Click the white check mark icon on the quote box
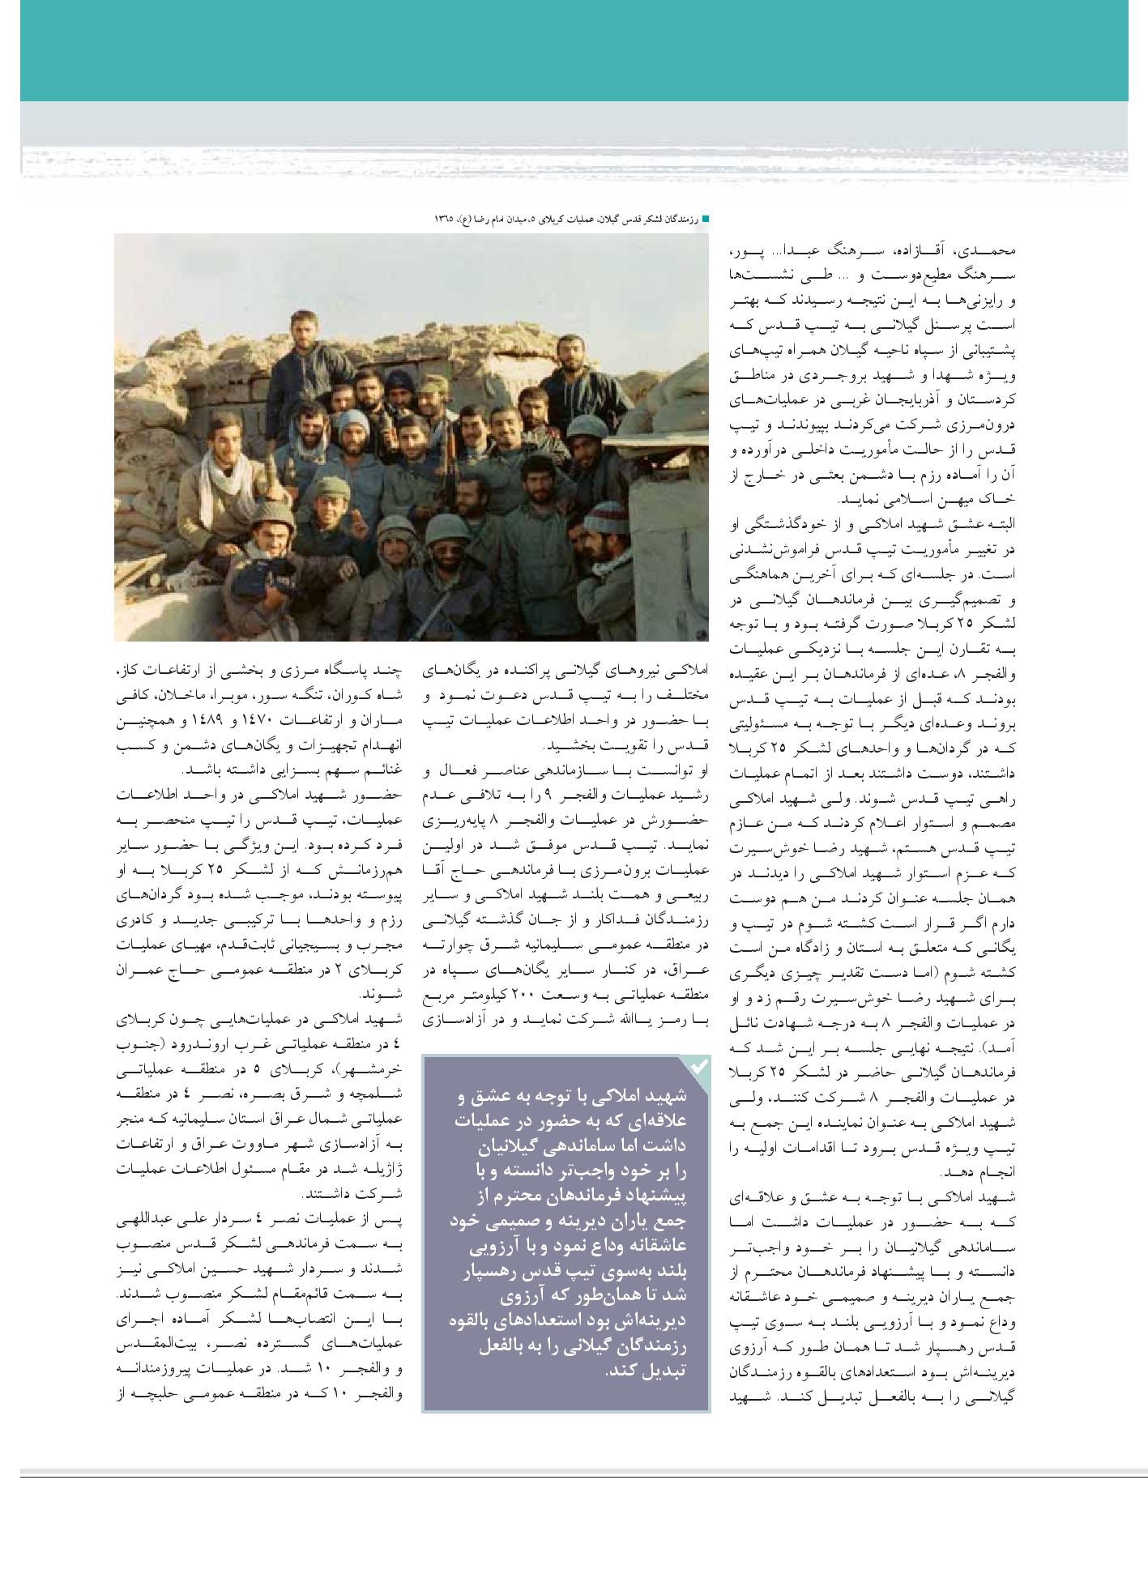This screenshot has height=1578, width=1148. (698, 1067)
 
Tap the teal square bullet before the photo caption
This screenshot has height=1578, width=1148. (705, 219)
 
